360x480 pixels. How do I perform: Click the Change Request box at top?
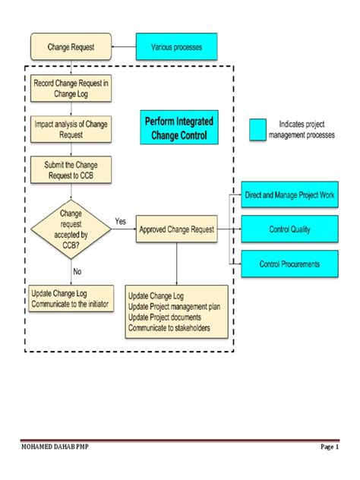coord(71,47)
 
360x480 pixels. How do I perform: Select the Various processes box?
coord(176,47)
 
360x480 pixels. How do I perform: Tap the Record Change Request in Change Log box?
coord(71,87)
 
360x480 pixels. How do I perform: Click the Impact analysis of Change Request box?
coord(71,128)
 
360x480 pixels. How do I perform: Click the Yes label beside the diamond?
coord(120,221)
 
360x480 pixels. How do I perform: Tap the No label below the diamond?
coord(77,270)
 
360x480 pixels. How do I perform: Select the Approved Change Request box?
coord(177,229)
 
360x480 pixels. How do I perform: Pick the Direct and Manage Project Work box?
coord(289,195)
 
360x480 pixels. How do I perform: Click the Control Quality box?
coord(289,229)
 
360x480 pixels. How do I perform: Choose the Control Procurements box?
coord(289,264)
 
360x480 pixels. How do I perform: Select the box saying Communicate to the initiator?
coord(71,298)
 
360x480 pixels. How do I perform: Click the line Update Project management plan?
coord(175,307)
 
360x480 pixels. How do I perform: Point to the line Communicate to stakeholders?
coord(169,328)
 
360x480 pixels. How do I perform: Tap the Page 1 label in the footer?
coord(328,447)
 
